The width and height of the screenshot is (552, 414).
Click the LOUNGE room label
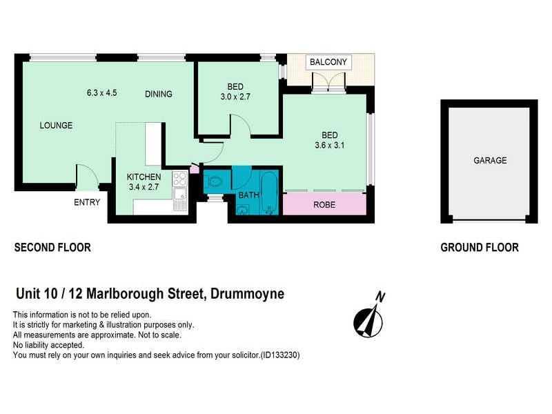point(56,126)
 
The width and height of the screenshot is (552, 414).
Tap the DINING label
point(158,94)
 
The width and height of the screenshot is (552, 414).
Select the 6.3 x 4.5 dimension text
point(101,92)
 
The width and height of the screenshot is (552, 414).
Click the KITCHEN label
point(144,177)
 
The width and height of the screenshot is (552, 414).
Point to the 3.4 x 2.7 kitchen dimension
point(144,186)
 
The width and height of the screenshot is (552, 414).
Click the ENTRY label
point(87,202)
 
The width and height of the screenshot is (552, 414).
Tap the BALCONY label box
point(328,62)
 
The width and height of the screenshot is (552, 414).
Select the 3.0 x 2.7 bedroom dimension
point(235,97)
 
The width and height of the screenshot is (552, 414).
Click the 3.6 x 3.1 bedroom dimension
point(329,145)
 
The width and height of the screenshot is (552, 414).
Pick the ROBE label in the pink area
point(324,205)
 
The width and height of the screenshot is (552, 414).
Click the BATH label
point(248,195)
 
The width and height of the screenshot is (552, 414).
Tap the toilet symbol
point(214,182)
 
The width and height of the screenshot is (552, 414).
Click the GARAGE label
point(490,161)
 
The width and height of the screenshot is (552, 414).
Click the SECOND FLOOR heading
point(52,248)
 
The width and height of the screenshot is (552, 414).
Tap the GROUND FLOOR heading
point(480,248)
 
